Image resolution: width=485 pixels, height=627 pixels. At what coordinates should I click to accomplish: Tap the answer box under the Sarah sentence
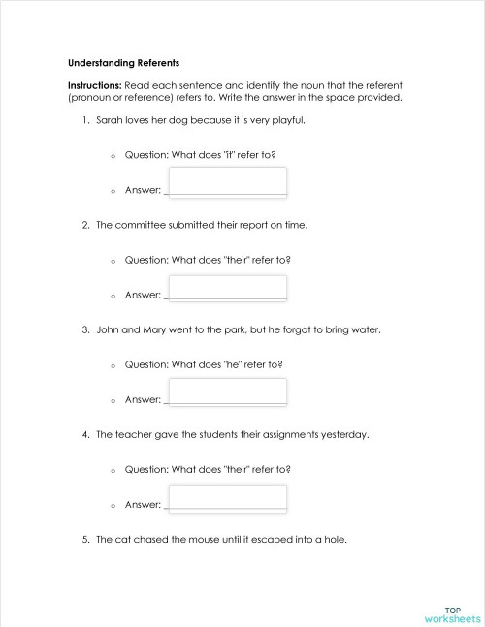tap(228, 181)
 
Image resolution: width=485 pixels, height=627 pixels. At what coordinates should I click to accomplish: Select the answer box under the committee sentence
tap(228, 287)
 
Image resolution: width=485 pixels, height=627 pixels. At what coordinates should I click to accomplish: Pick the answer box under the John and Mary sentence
tap(228, 392)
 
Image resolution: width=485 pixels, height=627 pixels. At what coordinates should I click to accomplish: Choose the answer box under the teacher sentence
tap(228, 496)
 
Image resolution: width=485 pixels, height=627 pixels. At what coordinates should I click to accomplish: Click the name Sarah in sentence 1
tap(110, 120)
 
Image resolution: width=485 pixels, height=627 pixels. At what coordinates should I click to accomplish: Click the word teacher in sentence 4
tap(133, 435)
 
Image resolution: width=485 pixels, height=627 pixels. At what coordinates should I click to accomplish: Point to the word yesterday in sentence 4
tap(344, 435)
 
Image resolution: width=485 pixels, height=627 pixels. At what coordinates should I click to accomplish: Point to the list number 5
tap(85, 540)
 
